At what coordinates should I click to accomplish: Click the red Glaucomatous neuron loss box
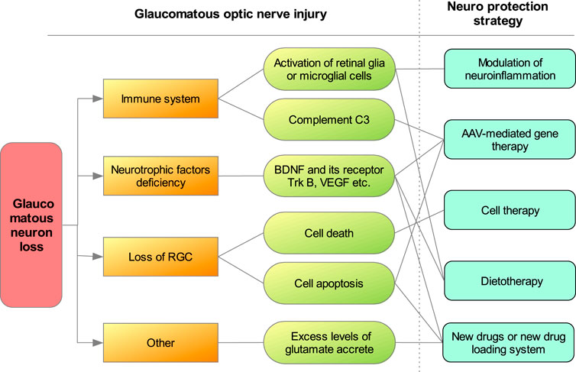click(31, 225)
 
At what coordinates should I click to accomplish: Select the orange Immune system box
click(160, 99)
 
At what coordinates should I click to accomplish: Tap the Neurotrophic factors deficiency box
click(160, 176)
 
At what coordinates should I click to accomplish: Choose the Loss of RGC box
click(160, 257)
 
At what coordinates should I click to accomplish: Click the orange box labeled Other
click(160, 343)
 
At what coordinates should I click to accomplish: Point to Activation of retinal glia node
click(329, 69)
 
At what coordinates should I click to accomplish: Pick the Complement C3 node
click(329, 120)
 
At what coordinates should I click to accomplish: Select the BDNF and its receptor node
click(329, 176)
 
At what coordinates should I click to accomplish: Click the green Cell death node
click(329, 233)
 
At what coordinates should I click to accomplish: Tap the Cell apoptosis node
click(329, 283)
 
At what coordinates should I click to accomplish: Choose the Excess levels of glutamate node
click(329, 343)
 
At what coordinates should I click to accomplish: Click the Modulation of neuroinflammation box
click(510, 69)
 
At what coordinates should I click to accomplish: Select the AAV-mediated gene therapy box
click(510, 140)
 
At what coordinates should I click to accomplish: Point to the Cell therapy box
click(510, 210)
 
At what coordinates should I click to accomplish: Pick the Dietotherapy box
click(510, 281)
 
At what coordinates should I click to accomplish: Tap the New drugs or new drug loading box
click(509, 343)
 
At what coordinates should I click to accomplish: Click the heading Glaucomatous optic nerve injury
click(231, 15)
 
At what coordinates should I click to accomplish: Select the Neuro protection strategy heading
click(498, 14)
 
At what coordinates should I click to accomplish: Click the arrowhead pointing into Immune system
click(98, 99)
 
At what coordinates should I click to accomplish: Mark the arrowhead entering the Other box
click(98, 343)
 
